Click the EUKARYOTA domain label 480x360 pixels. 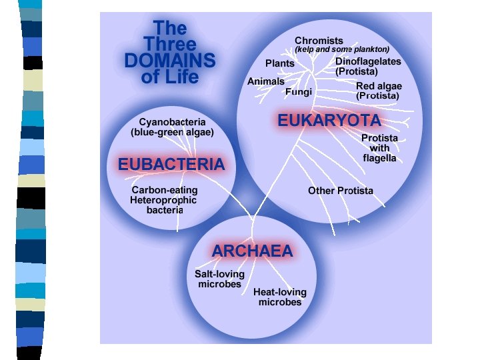click(x=329, y=121)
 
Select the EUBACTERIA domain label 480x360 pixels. click(x=171, y=164)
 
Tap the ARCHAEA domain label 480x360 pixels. click(x=252, y=251)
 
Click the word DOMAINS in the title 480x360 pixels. click(x=170, y=61)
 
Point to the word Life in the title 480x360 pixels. click(x=181, y=77)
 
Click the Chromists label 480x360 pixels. click(x=319, y=41)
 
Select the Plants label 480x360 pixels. click(x=279, y=63)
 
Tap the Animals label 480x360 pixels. click(x=266, y=81)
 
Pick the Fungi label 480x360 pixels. click(x=298, y=92)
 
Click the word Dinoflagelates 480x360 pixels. click(x=368, y=61)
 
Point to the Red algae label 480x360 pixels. click(x=379, y=86)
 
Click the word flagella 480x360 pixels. click(x=379, y=159)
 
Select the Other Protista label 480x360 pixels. click(x=341, y=191)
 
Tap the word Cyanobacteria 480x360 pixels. click(x=172, y=122)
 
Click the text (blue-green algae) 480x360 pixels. click(x=172, y=132)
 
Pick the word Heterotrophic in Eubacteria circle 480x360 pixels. click(x=163, y=200)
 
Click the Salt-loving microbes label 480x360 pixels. click(x=219, y=279)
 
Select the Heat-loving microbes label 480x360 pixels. click(x=280, y=297)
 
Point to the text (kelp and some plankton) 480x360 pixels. click(x=342, y=49)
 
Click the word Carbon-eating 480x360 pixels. click(x=165, y=190)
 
